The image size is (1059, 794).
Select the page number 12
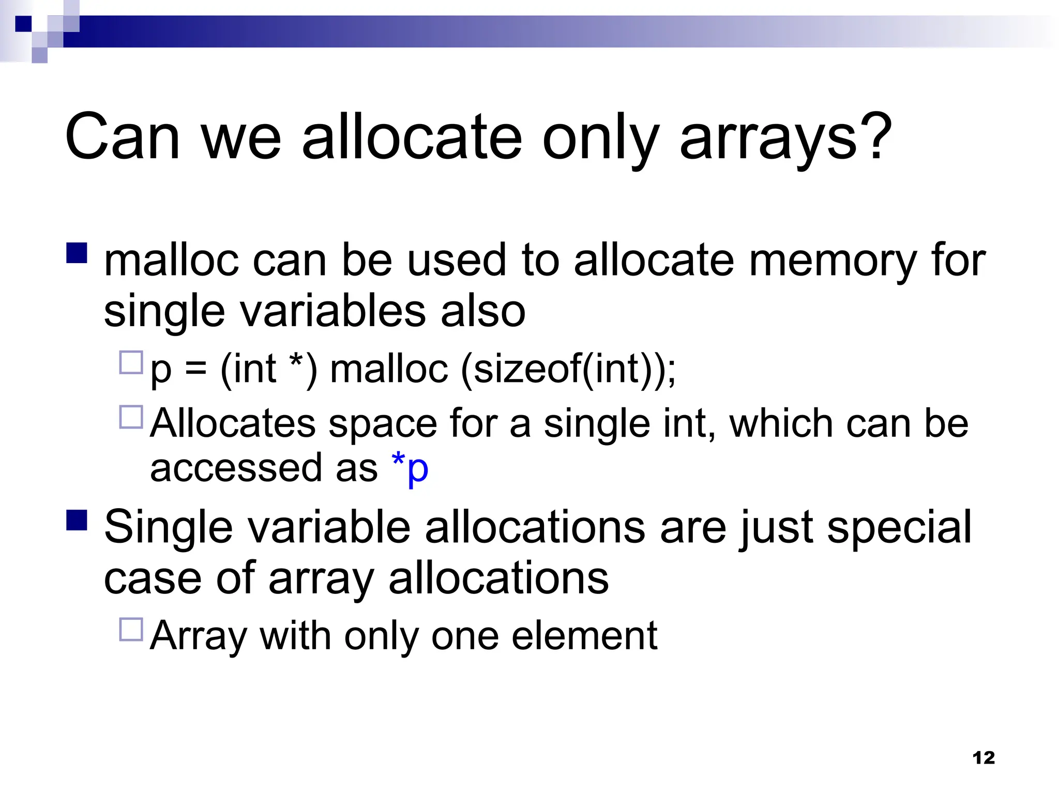[983, 758]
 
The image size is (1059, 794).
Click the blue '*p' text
[411, 468]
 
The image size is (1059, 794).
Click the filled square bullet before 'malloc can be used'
[77, 253]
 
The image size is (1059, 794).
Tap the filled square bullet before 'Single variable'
[77, 520]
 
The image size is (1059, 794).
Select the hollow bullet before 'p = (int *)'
[131, 363]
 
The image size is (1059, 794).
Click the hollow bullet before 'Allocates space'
[131, 417]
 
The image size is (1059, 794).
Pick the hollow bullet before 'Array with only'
[131, 630]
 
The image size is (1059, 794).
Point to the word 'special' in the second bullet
[899, 528]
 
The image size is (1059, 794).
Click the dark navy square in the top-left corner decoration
[23, 24]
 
